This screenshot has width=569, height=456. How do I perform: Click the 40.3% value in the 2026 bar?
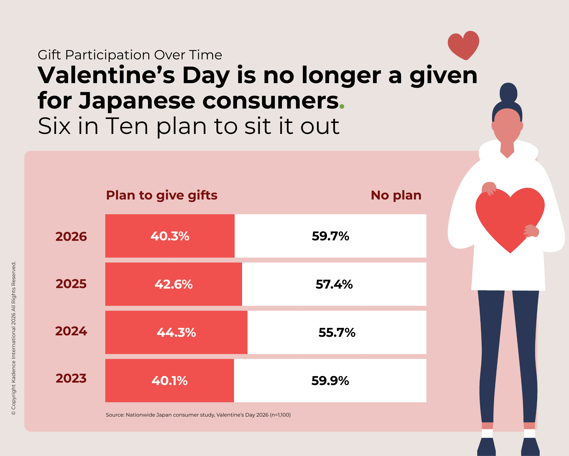coord(170,236)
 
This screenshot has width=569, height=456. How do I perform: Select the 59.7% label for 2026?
coord(330,236)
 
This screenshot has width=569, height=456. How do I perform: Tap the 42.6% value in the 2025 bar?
coord(173,285)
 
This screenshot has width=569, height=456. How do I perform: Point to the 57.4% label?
coord(334,285)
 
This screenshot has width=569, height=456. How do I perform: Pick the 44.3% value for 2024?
coord(176,332)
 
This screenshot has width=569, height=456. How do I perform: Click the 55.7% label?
coord(337,332)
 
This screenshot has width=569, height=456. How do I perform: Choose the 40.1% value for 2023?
coord(170,381)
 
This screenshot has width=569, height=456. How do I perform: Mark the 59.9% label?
coord(330,381)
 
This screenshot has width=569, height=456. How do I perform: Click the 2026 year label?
coord(71,237)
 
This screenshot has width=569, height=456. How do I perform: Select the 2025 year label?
coord(71,284)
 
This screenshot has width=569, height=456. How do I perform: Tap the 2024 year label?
coord(71,331)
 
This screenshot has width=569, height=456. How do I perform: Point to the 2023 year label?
coord(71,379)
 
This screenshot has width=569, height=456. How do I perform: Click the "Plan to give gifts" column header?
coord(161,196)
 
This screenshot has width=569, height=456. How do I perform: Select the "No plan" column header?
coord(396,196)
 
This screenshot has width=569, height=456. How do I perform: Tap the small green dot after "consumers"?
coord(342,107)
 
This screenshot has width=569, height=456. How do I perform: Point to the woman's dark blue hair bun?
coord(508,93)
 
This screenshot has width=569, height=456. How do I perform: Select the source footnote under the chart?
coord(198,415)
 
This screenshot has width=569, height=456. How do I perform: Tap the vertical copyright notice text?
coord(14,338)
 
